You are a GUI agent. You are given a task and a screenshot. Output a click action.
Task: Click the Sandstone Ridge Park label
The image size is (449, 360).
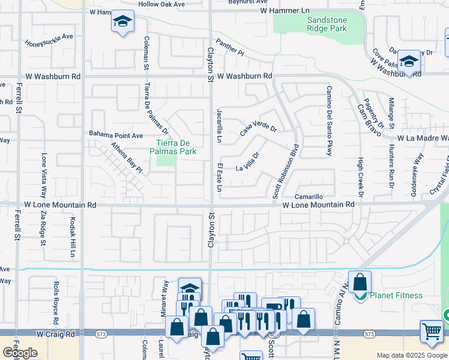click(x=327, y=24)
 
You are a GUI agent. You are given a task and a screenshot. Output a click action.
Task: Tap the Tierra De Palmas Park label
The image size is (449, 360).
click(x=176, y=147)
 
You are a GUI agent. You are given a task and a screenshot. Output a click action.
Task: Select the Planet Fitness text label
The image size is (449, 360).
click(x=396, y=295)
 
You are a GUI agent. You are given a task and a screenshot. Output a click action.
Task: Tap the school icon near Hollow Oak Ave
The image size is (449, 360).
click(x=122, y=23)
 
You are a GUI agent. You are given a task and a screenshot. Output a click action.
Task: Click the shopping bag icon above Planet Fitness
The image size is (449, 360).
click(x=360, y=281)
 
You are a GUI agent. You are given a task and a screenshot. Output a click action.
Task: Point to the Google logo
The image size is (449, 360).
click(x=20, y=352)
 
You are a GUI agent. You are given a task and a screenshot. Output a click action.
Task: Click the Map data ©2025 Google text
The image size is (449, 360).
click(x=412, y=355)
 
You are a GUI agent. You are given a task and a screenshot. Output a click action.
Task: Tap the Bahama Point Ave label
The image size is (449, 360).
click(x=116, y=134)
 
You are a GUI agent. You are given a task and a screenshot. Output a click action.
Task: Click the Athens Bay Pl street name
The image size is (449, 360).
click(x=126, y=157)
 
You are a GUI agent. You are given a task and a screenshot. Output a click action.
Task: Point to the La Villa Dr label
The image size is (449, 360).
click(x=247, y=161)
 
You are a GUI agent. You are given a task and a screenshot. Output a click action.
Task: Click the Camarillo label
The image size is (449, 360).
click(x=309, y=197)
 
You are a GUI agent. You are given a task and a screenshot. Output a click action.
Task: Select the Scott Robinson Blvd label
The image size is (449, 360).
click(x=285, y=171)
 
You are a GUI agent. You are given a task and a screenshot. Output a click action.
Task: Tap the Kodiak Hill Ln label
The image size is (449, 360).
click(x=73, y=237)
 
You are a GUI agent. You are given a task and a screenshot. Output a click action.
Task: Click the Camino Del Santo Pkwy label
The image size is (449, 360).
click(x=328, y=121)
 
